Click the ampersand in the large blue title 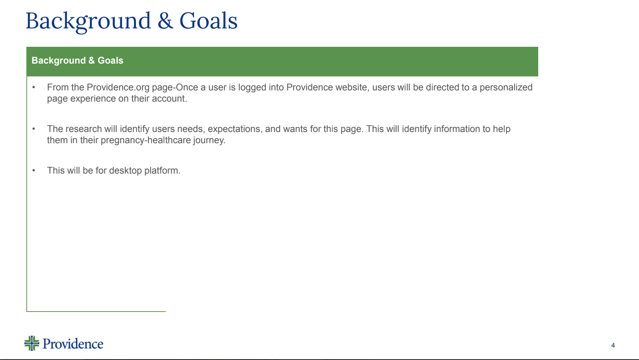pyautogui.click(x=165, y=21)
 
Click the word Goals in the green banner pyautogui.click(x=110, y=60)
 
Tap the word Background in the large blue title pyautogui.click(x=88, y=21)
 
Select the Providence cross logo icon pyautogui.click(x=32, y=343)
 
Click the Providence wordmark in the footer pyautogui.click(x=73, y=344)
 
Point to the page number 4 pyautogui.click(x=613, y=345)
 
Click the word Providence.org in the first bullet pyautogui.click(x=118, y=87)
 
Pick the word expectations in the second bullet pyautogui.click(x=235, y=129)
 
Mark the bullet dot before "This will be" pyautogui.click(x=34, y=170)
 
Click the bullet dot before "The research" pyautogui.click(x=34, y=129)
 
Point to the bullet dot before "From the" pyautogui.click(x=34, y=87)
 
